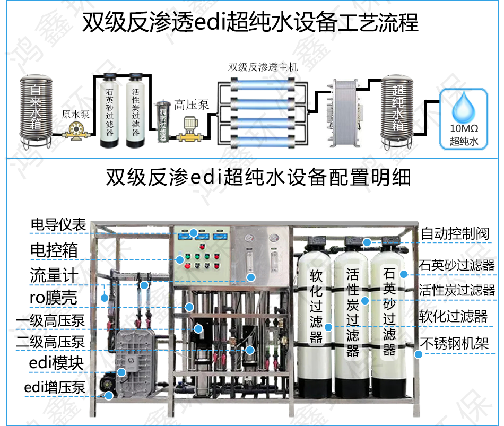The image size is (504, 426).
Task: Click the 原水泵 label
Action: [x=75, y=114]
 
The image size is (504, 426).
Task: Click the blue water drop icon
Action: [x=464, y=109]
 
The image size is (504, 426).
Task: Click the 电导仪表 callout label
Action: [x=58, y=225]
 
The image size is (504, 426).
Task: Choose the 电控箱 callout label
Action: [x=54, y=250]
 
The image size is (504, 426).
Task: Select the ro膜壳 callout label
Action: [x=53, y=299]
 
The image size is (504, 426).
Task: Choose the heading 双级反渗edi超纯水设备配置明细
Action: [x=258, y=178]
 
